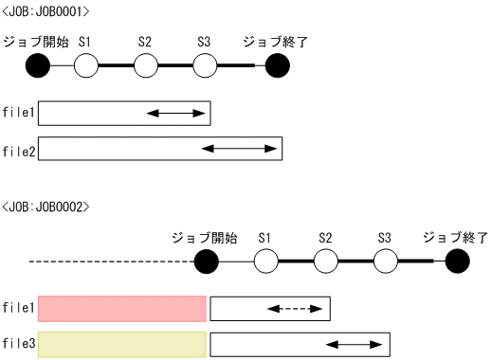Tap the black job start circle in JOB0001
[38, 66]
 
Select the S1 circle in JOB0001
[85, 66]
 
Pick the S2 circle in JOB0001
[145, 66]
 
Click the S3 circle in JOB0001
[205, 66]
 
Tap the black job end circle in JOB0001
[278, 66]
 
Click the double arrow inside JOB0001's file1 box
[176, 114]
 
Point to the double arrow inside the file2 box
[242, 149]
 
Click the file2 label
[19, 150]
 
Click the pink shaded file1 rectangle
[122, 308]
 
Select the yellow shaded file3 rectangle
[122, 342]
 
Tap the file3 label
[19, 343]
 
